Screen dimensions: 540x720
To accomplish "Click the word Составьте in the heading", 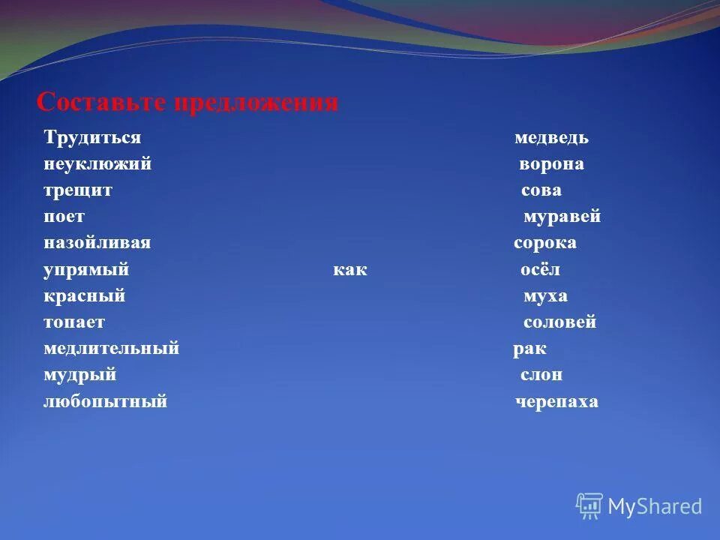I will click(102, 103).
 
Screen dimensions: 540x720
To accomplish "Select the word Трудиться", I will click(93, 138).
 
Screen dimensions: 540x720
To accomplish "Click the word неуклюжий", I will click(97, 164).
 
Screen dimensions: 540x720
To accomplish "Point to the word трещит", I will click(78, 190).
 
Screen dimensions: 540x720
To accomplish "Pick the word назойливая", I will click(97, 243).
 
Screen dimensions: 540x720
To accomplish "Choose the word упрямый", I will click(87, 270).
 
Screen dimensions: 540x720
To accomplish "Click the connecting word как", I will click(350, 270).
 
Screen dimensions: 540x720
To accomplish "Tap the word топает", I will click(74, 322).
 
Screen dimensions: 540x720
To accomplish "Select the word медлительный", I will click(111, 349).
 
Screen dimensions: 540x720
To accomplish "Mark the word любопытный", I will click(105, 401).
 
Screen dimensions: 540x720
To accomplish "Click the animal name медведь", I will click(551, 138).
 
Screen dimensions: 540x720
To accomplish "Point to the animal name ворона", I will click(552, 164).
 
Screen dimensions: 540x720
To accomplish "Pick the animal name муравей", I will click(562, 217).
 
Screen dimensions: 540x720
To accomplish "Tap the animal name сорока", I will click(545, 243).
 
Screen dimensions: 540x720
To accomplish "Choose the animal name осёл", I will click(541, 270).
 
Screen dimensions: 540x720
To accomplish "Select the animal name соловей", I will click(559, 322).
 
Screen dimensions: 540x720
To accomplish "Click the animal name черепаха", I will click(557, 401).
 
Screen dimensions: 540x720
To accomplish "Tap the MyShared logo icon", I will click(589, 506).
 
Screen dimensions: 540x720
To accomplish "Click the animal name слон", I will click(541, 375).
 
